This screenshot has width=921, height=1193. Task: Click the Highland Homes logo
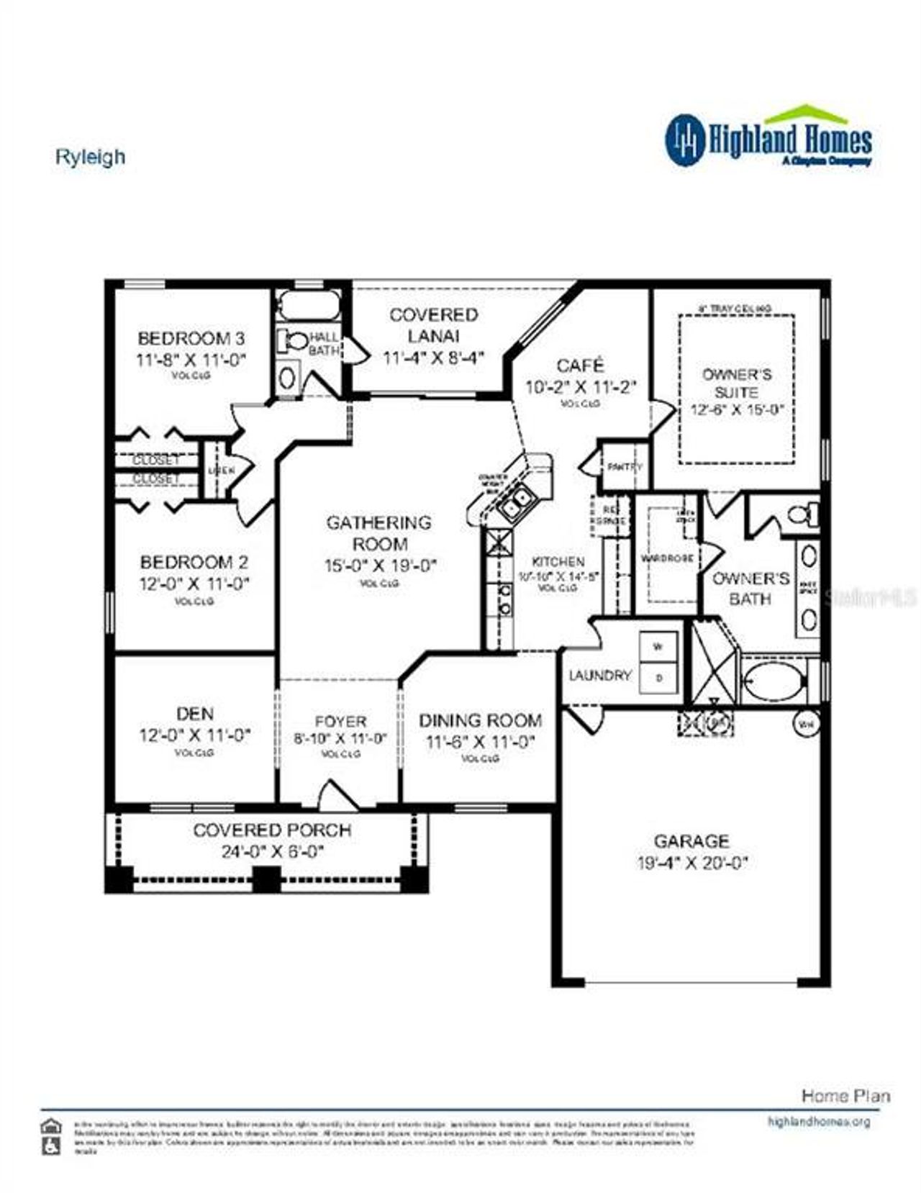coord(768,138)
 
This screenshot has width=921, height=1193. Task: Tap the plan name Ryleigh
coord(90,157)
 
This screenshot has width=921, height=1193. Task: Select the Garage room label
coord(691,840)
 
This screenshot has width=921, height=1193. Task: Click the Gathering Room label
coord(379,533)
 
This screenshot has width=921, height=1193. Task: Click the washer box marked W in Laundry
coord(658,647)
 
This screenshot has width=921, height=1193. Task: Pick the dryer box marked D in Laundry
coord(658,677)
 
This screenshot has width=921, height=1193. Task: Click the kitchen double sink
coord(516,503)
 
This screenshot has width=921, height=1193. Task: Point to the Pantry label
coord(624,467)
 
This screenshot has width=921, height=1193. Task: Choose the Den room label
coord(194,713)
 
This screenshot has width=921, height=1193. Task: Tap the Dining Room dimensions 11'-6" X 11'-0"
coord(480,742)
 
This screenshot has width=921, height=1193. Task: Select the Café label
coord(580,366)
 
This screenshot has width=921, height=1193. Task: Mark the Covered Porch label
coord(272,830)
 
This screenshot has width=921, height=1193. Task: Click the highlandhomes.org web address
coord(819,1121)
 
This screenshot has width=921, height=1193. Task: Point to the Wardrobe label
coord(666,558)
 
